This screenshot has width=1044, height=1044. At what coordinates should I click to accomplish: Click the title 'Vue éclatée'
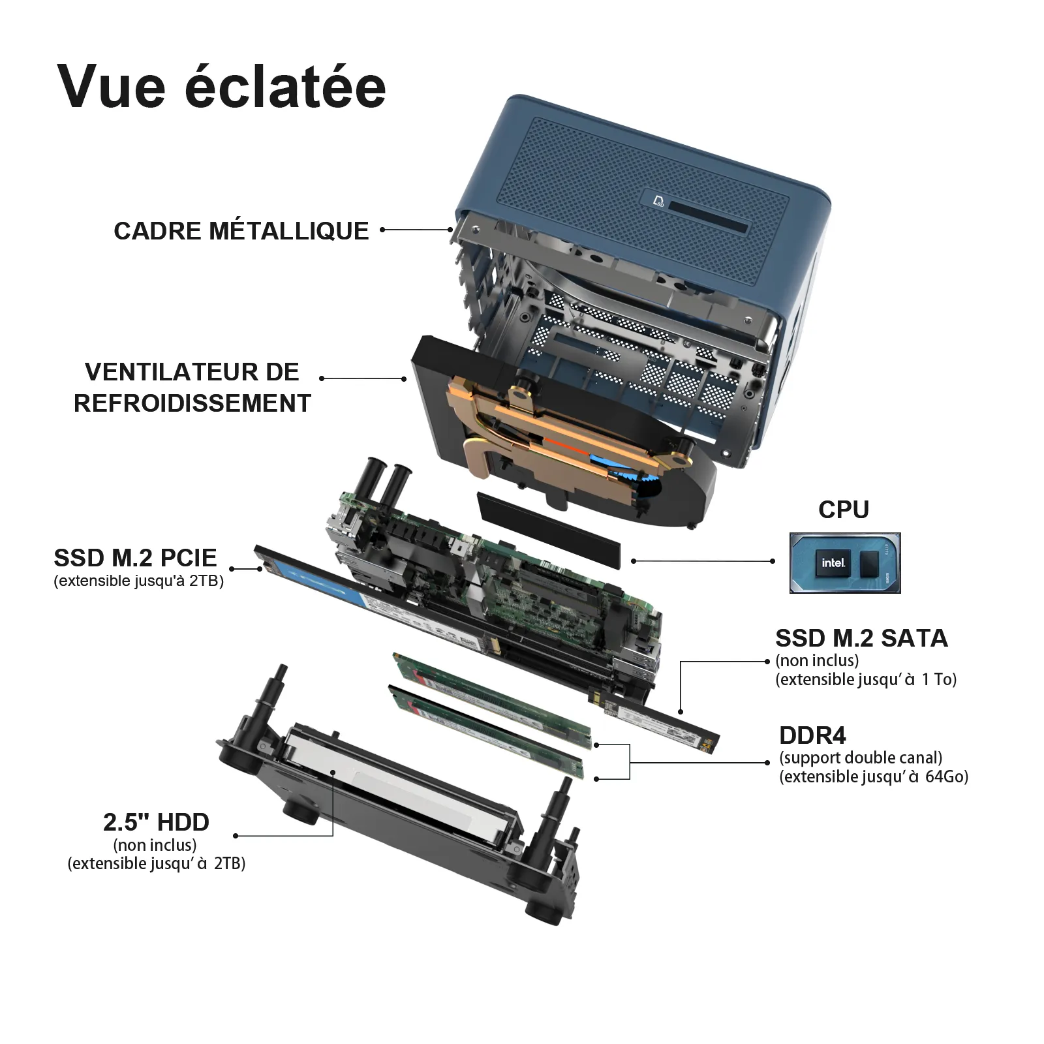coord(221,87)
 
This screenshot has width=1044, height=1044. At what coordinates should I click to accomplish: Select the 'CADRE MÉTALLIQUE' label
coord(241,231)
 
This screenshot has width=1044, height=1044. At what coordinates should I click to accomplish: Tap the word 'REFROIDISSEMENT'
coord(192,403)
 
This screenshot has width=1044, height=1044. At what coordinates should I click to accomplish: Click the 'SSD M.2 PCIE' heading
coord(135,558)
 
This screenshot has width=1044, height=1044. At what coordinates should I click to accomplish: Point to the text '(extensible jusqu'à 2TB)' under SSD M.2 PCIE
coord(138,581)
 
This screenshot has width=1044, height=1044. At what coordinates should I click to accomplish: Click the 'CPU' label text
coord(844,510)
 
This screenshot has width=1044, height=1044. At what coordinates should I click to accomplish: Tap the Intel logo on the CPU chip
coord(833,562)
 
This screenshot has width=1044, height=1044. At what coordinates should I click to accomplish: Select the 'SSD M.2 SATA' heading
coord(861,638)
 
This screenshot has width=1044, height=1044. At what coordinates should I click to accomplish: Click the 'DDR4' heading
coord(812,735)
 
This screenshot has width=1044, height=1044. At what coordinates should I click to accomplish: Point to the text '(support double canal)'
coord(861,758)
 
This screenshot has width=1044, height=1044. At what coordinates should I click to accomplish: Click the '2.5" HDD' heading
coord(156,822)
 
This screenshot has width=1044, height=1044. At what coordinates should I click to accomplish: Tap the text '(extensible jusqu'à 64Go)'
coord(874,776)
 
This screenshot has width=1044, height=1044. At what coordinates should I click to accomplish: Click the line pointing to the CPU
coord(701,560)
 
